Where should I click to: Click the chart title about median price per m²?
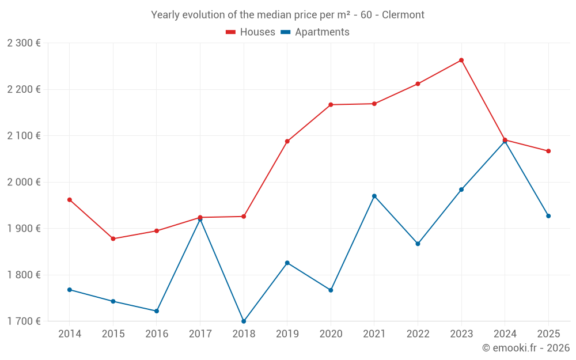[287, 15]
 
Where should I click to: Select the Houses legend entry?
[251, 32]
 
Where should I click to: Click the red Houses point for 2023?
[461, 60]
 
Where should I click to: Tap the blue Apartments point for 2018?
[244, 321]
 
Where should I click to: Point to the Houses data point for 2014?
[70, 200]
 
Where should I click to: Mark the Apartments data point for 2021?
[374, 196]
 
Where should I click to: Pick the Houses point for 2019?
[287, 141]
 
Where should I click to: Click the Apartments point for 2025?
[548, 216]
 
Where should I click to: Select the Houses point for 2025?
[548, 151]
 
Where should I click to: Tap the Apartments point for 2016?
[157, 311]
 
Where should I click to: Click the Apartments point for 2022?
[418, 244]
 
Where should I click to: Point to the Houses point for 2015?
[113, 238]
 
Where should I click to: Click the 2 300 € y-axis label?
[24, 43]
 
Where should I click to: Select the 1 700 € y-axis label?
[24, 321]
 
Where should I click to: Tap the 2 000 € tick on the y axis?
[24, 182]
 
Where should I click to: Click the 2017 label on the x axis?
[200, 334]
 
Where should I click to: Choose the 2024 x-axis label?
[505, 334]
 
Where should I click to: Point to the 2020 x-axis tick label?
[331, 334]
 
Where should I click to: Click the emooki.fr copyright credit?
[525, 348]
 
